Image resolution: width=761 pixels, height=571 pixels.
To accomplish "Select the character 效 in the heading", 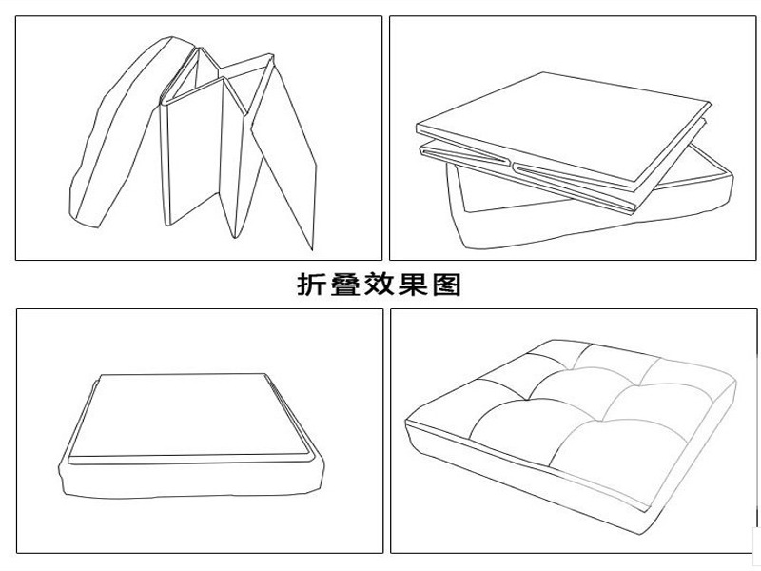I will tap(379, 285).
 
